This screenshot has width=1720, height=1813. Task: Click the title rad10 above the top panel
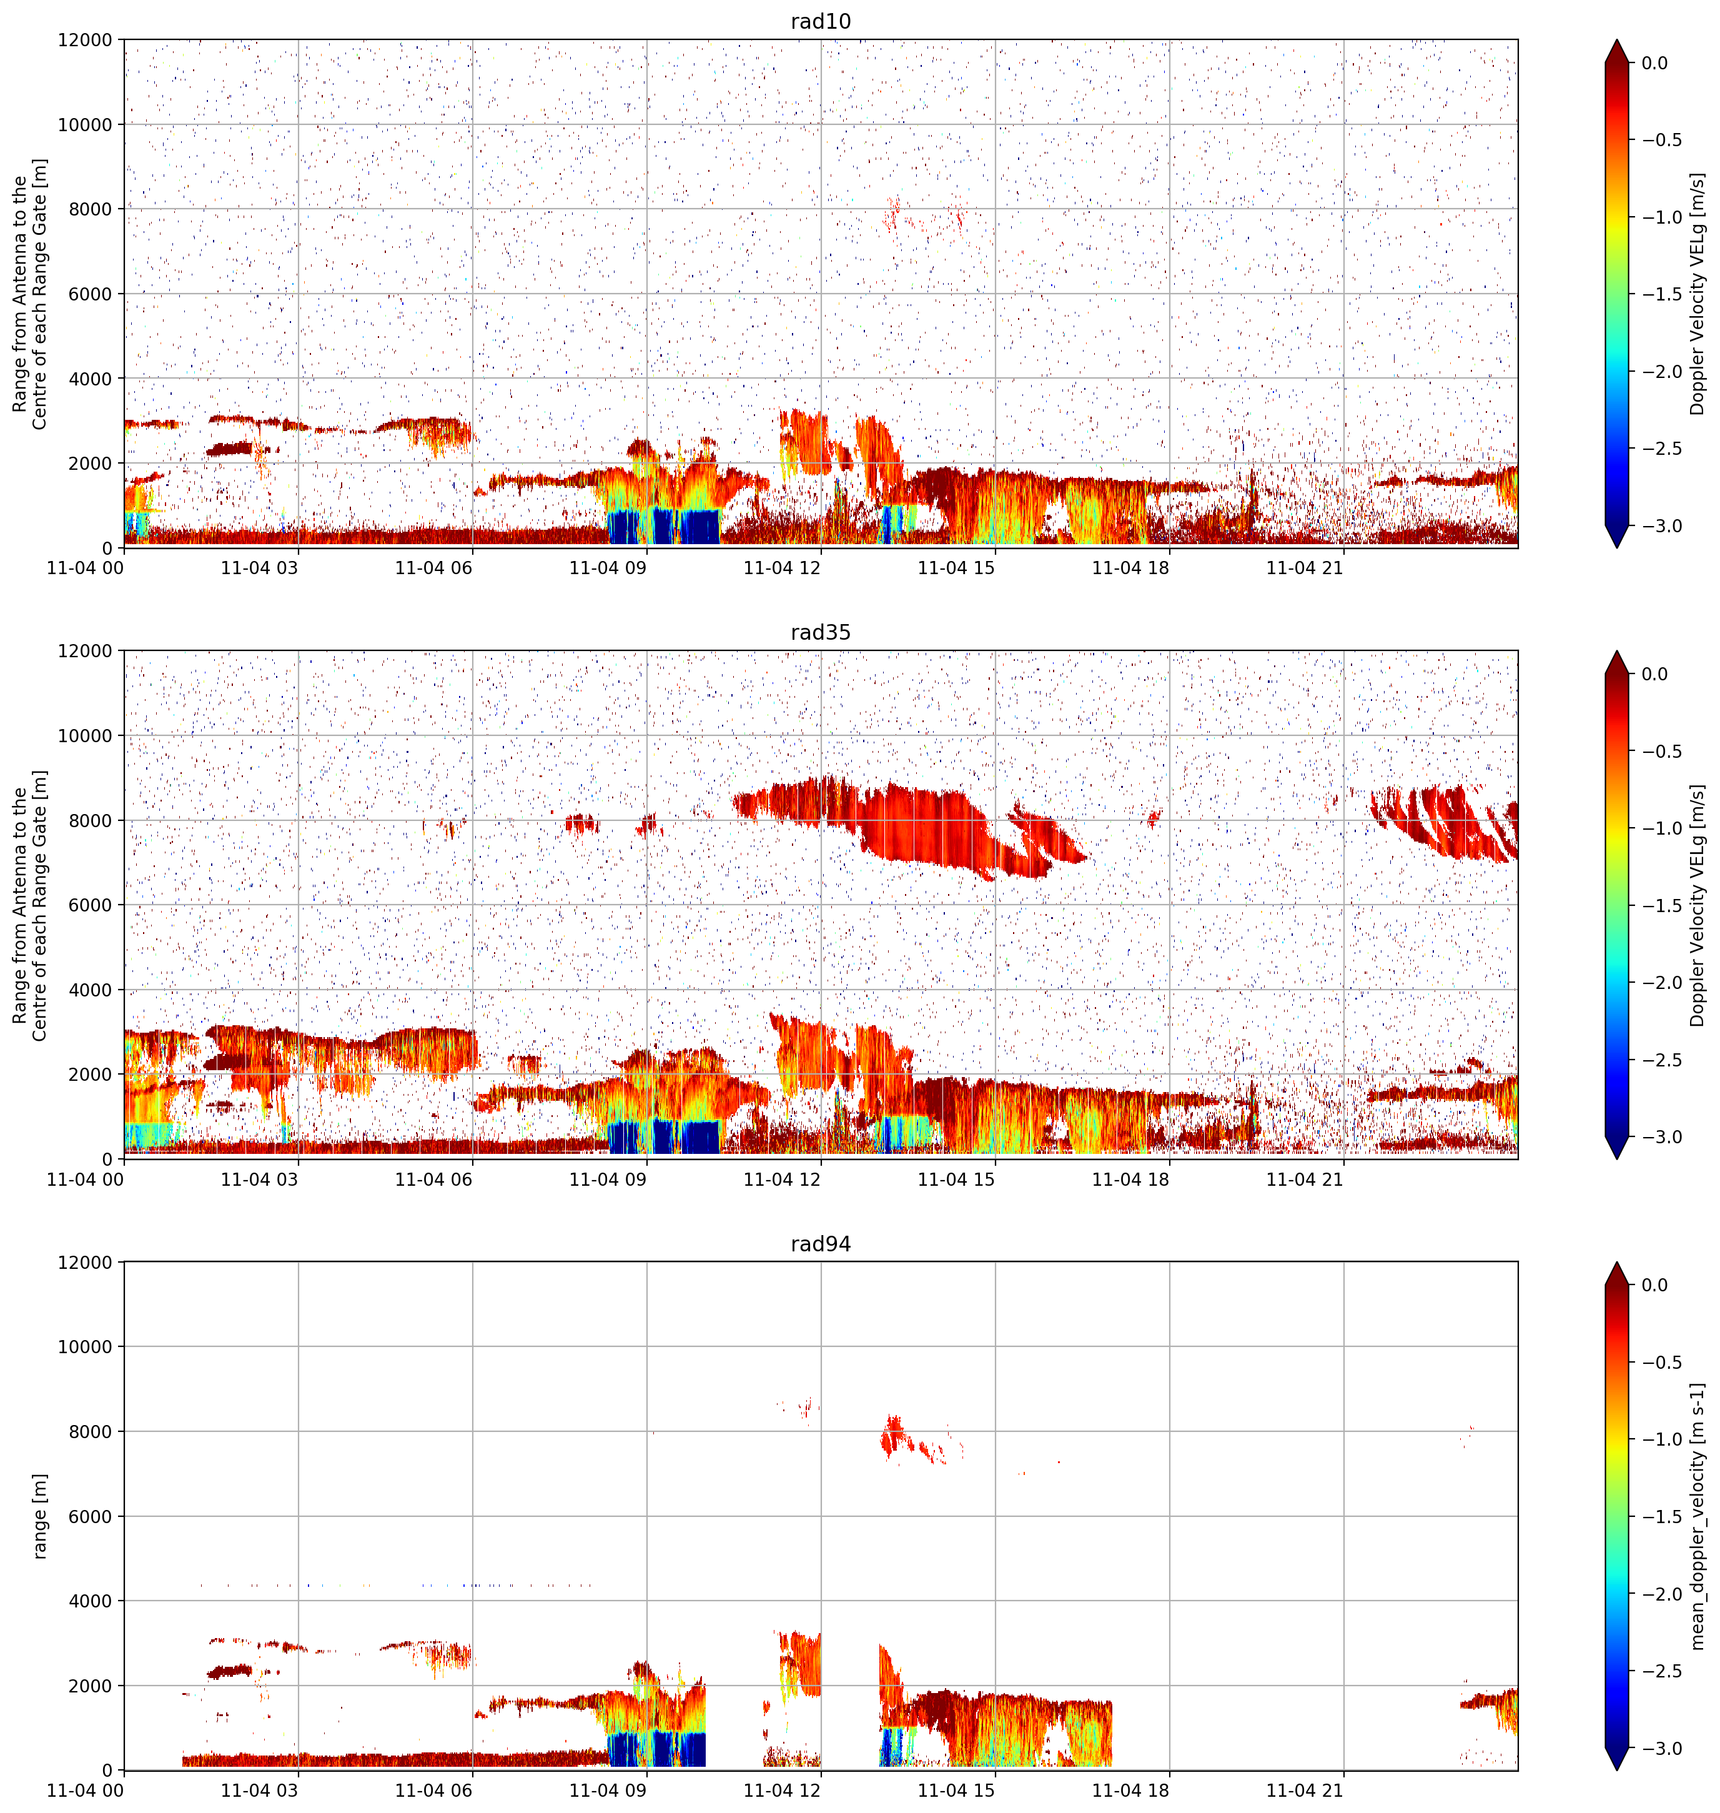coord(821,21)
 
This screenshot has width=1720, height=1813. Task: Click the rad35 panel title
coord(821,632)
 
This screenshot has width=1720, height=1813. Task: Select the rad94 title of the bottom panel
coord(821,1243)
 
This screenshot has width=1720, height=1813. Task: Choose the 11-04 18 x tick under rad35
coord(1130,1178)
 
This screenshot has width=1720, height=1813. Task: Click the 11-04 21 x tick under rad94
coord(1305,1790)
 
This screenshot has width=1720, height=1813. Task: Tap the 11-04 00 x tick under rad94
coord(86,1790)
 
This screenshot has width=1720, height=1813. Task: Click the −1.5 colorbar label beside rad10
coord(1658,294)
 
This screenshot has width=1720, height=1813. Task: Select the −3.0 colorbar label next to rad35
coord(1658,1136)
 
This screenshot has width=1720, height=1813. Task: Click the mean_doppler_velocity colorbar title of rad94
coord(1697,1516)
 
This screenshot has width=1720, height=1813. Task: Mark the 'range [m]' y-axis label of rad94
coord(39,1516)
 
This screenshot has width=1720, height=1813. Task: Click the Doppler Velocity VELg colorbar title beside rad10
coord(1697,294)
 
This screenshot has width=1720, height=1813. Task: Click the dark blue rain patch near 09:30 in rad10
coord(664,527)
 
